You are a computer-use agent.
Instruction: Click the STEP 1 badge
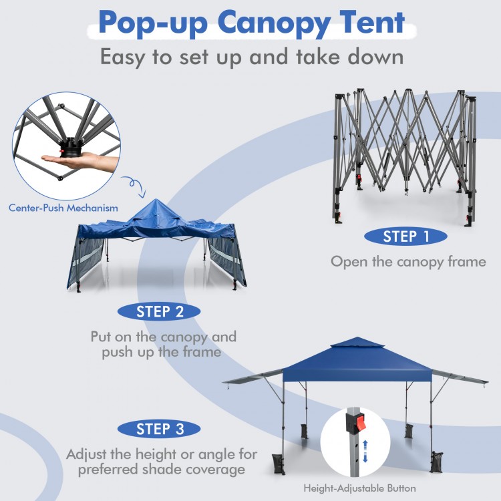click(x=405, y=236)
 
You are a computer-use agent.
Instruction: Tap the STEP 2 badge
click(x=159, y=311)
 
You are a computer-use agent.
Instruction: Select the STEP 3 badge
click(x=159, y=429)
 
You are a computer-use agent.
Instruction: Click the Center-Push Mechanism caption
click(x=63, y=208)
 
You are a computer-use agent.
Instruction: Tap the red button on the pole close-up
click(x=360, y=423)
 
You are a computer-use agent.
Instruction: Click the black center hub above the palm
click(x=71, y=144)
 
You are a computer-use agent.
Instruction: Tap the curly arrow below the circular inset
click(x=134, y=186)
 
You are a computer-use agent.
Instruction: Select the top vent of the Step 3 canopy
click(x=357, y=342)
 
